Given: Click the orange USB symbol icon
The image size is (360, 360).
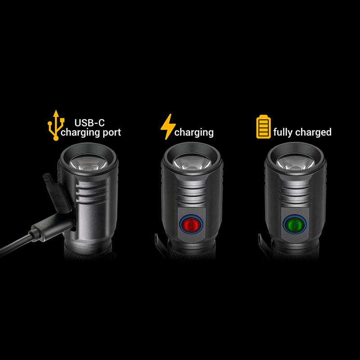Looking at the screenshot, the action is pyautogui.click(x=56, y=126).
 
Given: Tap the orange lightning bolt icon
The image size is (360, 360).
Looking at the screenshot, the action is pyautogui.click(x=168, y=126).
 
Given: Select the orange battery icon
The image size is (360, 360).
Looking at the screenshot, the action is pyautogui.click(x=263, y=127).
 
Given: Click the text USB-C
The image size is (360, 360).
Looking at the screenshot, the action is pyautogui.click(x=90, y=123).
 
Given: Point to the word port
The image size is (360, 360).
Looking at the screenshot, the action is pyautogui.click(x=112, y=133).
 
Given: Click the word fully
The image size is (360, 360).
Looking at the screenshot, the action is pyautogui.click(x=283, y=132).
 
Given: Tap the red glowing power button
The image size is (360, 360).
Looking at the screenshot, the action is pyautogui.click(x=191, y=224).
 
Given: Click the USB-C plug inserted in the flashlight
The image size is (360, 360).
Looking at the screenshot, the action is pyautogui.click(x=53, y=227).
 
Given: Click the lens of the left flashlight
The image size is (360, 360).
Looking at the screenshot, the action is pyautogui.click(x=88, y=162).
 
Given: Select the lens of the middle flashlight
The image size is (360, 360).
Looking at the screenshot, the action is pyautogui.click(x=192, y=162).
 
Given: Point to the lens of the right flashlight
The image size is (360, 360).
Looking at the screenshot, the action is pyautogui.click(x=295, y=162).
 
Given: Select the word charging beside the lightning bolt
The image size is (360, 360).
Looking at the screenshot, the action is pyautogui.click(x=194, y=133).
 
